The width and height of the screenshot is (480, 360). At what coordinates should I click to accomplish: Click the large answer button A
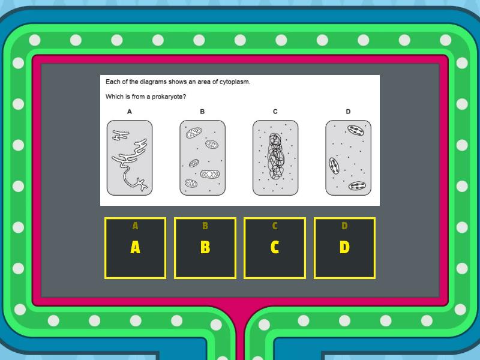tap(135, 248)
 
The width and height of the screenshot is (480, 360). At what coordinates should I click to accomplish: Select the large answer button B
tap(205, 248)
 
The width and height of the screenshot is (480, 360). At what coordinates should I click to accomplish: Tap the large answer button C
tap(275, 248)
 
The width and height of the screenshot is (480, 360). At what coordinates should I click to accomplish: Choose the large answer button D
tap(344, 248)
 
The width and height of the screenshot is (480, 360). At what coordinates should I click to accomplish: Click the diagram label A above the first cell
tap(130, 112)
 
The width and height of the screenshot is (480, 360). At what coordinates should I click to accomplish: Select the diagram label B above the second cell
tap(202, 112)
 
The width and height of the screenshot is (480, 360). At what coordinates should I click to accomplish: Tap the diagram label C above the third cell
tap(275, 112)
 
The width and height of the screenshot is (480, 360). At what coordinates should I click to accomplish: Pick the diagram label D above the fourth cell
tap(348, 112)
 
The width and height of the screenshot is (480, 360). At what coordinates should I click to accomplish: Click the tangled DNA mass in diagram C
tap(275, 157)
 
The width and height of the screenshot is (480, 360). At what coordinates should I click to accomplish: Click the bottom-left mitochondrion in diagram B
tap(191, 184)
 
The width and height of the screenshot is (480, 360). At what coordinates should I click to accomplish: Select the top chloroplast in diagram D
tap(355, 130)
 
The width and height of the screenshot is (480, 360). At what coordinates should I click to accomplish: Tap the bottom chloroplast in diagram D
tap(358, 186)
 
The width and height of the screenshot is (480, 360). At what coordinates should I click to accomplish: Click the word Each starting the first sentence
tap(112, 82)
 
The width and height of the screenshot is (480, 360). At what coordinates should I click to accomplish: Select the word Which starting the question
tap(115, 97)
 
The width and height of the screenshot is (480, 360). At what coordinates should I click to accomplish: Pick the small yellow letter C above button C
tap(275, 226)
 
